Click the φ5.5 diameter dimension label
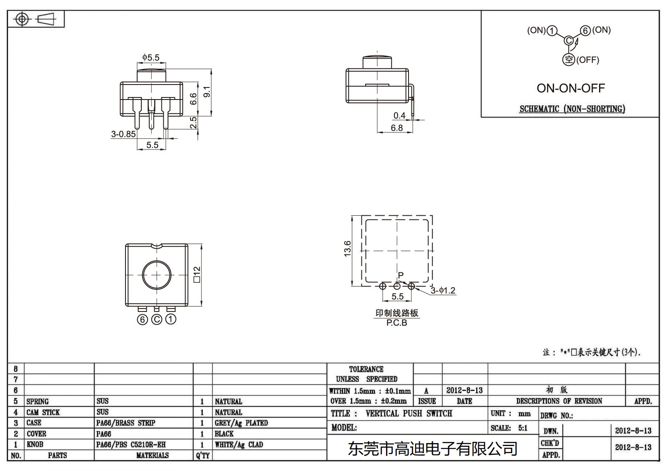point(150,57)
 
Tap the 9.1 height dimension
point(207,92)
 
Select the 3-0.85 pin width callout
point(123,134)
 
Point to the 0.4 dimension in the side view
point(399,115)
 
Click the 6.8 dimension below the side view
point(397,128)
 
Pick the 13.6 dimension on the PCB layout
point(347,249)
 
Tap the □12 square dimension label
point(197,274)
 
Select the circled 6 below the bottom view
point(143,319)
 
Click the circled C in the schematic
point(569,40)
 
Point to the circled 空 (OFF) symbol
point(569,60)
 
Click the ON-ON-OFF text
point(570,88)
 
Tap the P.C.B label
point(396,323)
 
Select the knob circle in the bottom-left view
point(157,275)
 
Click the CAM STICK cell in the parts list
point(43,412)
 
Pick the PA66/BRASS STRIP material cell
point(125,423)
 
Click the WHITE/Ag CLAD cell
point(239,445)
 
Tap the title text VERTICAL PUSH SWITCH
point(409,414)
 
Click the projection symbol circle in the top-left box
point(22,19)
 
